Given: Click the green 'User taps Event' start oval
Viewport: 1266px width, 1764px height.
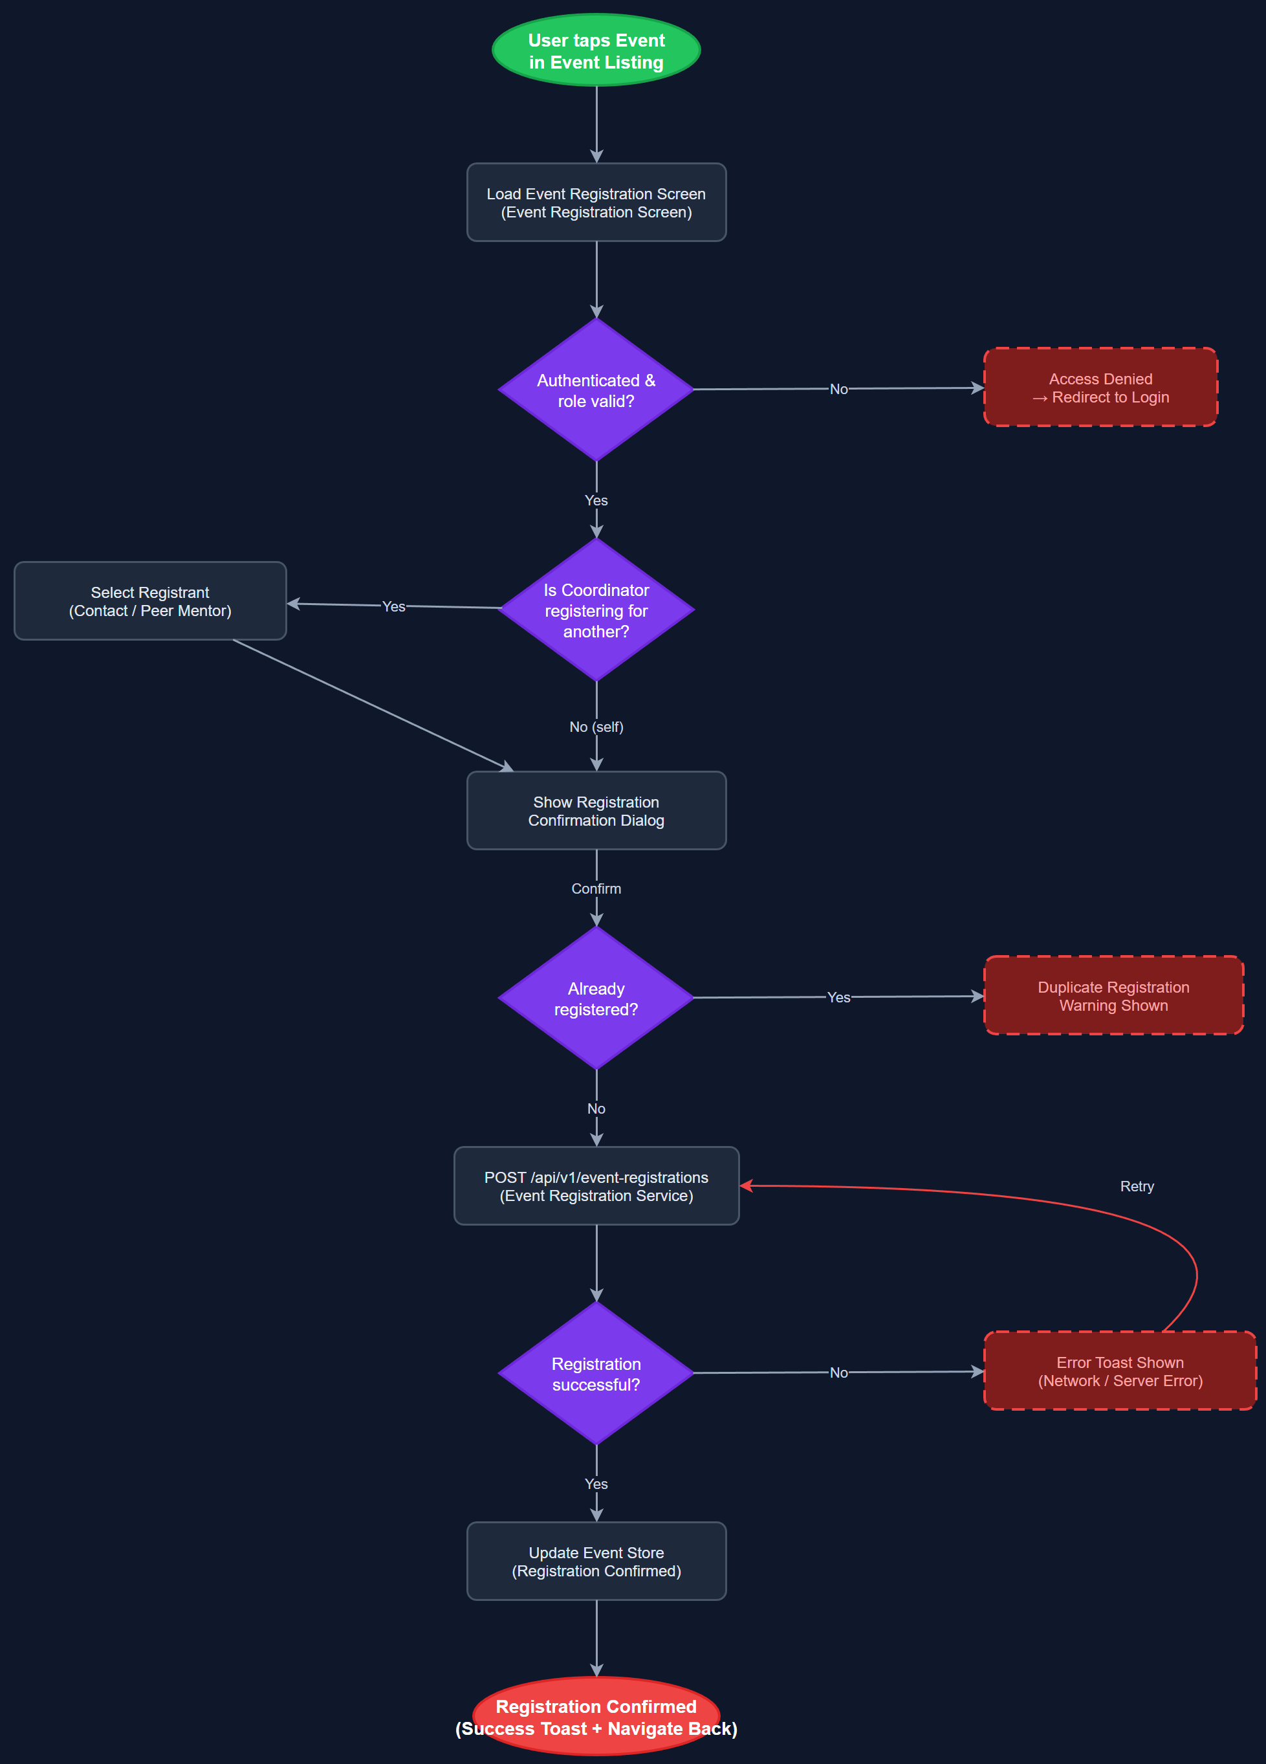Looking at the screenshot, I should pos(596,50).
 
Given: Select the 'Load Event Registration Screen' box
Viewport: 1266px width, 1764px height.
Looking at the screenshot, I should pos(596,203).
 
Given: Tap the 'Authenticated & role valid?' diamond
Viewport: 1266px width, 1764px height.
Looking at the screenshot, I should pos(596,390).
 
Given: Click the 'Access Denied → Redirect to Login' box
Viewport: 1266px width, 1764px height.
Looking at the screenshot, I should pos(1100,388).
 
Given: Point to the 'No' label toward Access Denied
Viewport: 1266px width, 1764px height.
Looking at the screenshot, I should pos(838,389).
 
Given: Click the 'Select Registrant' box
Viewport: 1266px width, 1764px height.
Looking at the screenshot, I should pos(150,601).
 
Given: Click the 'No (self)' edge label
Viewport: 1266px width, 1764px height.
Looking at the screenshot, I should pos(596,727).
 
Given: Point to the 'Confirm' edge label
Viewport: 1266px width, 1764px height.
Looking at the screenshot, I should pos(596,888).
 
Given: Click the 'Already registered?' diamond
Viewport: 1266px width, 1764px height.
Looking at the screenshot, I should pos(596,998).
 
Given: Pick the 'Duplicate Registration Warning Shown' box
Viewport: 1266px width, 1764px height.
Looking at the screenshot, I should pos(1113,995).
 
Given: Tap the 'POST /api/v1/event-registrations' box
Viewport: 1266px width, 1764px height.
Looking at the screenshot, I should pos(596,1186).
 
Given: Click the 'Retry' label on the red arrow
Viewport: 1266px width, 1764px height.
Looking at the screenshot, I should pos(1136,1186).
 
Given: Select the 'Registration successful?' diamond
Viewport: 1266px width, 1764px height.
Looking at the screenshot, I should pos(596,1374).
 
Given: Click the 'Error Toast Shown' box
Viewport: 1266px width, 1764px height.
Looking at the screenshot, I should pos(1120,1371).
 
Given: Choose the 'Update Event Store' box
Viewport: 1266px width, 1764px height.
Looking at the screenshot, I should pos(596,1561).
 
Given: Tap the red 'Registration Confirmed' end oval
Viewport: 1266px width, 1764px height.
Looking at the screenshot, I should pos(596,1717).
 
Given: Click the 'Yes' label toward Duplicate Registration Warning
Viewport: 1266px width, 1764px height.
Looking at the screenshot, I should pos(838,997).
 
